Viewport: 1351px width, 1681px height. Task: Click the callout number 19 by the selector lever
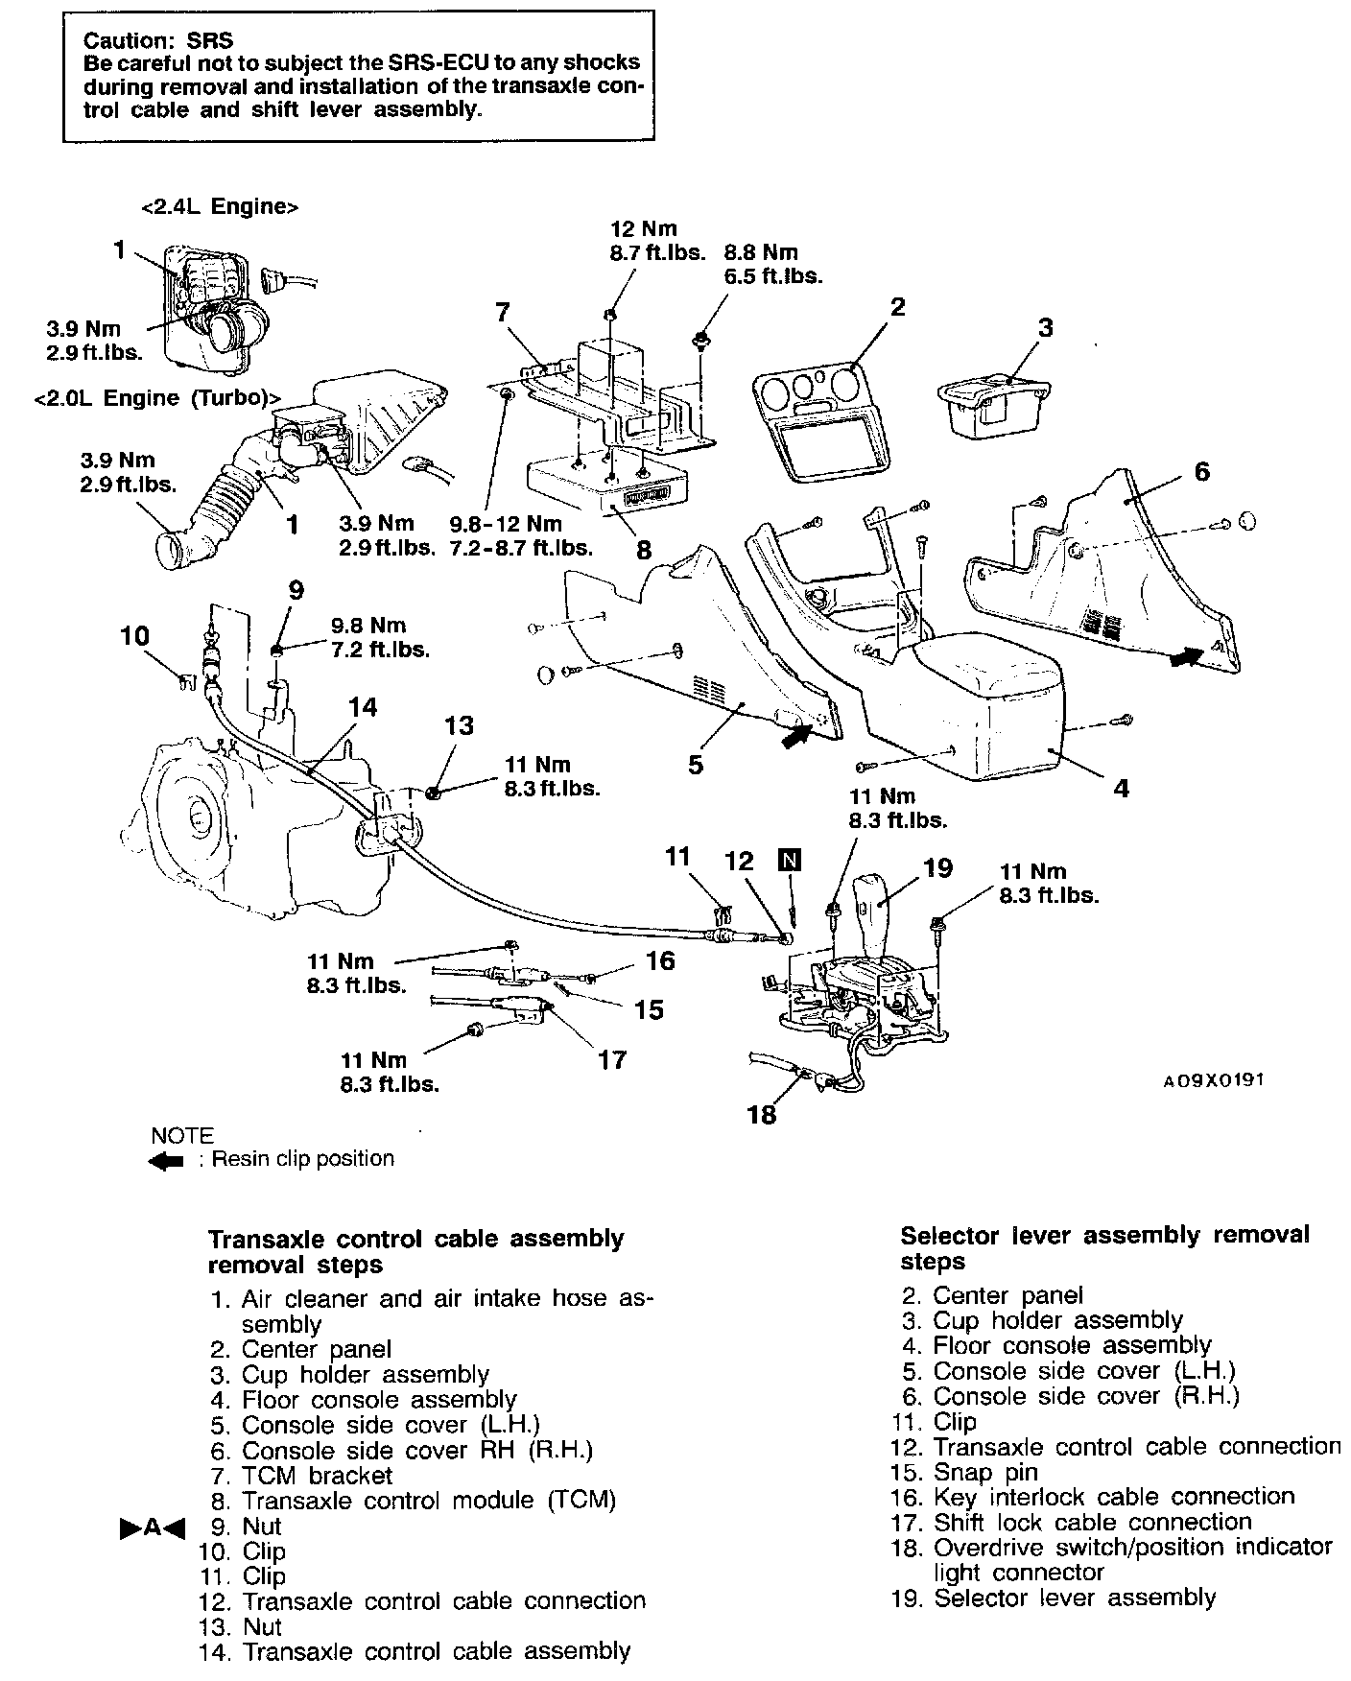pos(937,867)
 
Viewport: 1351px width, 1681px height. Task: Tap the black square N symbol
pos(790,859)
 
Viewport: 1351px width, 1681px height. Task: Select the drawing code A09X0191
pos(1213,1080)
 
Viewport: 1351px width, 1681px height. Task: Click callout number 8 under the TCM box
pos(644,550)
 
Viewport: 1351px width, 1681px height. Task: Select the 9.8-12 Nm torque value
pos(506,524)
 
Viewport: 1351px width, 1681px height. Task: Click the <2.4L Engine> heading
pos(219,206)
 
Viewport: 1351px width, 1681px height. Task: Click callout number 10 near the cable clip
pos(135,635)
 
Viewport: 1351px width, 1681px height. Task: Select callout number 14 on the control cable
pos(363,707)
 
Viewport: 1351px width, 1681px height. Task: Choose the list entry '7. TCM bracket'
pos(302,1476)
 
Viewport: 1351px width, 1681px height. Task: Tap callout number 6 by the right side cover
pos(1201,471)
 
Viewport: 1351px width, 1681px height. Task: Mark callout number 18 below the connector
pos(762,1115)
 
